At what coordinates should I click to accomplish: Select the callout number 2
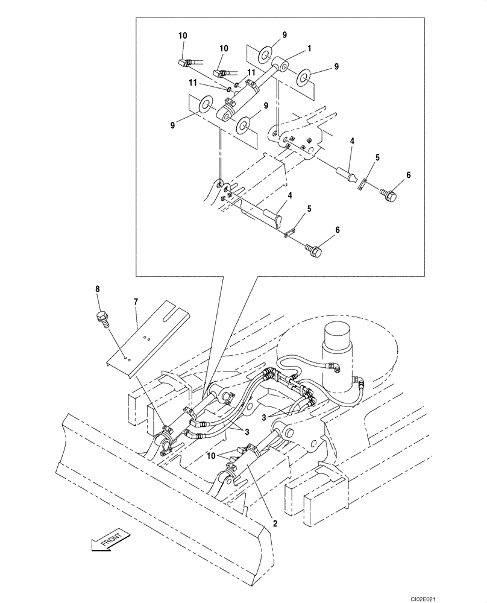(274, 523)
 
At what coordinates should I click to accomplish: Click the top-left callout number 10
(183, 36)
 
